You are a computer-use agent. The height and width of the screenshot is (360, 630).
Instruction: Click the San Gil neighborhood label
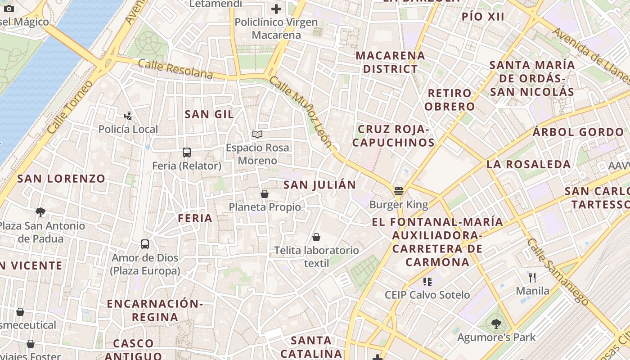pyautogui.click(x=209, y=114)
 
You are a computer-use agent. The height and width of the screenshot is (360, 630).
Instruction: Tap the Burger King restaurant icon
pyautogui.click(x=398, y=191)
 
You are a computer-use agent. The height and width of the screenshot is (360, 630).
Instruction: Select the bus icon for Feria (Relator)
pyautogui.click(x=187, y=153)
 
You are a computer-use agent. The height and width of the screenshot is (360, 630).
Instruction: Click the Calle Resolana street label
pyautogui.click(x=175, y=69)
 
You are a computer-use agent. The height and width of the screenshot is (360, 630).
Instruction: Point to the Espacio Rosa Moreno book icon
pyautogui.click(x=257, y=134)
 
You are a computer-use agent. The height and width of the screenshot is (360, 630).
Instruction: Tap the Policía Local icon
pyautogui.click(x=128, y=116)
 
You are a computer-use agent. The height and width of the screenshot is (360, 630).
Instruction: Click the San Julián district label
pyautogui.click(x=319, y=184)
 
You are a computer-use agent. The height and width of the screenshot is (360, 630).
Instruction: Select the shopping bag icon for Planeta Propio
pyautogui.click(x=265, y=194)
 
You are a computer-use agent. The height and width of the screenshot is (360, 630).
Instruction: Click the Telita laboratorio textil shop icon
pyautogui.click(x=316, y=237)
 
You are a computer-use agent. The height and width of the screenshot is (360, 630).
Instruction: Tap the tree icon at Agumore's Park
pyautogui.click(x=496, y=324)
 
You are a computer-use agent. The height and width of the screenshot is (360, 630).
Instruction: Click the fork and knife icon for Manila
pyautogui.click(x=532, y=277)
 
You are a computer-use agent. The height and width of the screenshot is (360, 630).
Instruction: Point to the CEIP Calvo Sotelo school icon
pyautogui.click(x=427, y=282)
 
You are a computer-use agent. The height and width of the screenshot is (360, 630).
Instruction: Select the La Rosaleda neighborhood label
pyautogui.click(x=528, y=164)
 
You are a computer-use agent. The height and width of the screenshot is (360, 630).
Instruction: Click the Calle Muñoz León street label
pyautogui.click(x=301, y=113)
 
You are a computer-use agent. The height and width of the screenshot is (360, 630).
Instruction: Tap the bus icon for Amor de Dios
pyautogui.click(x=144, y=244)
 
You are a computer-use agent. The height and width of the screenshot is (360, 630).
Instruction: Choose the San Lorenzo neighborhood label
pyautogui.click(x=61, y=179)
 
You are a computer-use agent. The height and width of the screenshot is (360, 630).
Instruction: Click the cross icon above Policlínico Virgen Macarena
pyautogui.click(x=276, y=9)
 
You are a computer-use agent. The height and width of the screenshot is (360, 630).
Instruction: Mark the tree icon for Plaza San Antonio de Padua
pyautogui.click(x=40, y=212)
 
